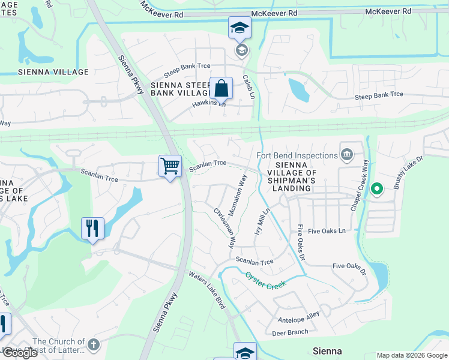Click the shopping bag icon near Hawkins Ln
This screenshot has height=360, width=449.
click(221, 88)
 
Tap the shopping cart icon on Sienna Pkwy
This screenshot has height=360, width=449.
click(170, 166)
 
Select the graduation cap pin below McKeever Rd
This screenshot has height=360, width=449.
click(240, 28)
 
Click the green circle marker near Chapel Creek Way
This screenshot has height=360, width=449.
click(376, 190)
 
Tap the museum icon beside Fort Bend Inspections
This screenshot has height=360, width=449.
click(346, 155)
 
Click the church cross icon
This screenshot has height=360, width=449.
click(92, 344)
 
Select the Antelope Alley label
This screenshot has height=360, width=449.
click(299, 318)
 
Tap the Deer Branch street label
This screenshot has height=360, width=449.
click(290, 331)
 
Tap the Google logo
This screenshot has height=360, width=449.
click(20, 353)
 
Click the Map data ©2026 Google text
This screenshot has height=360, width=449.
click(411, 355)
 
